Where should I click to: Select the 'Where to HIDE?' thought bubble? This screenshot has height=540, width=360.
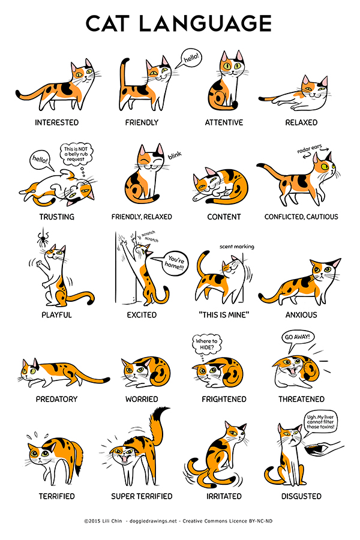(x=206, y=345)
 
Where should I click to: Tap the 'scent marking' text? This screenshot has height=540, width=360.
(x=236, y=246)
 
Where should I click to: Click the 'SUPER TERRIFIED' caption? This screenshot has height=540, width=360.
(x=142, y=496)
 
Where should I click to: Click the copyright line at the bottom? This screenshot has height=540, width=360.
(x=180, y=521)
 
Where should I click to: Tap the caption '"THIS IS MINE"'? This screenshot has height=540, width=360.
(x=224, y=314)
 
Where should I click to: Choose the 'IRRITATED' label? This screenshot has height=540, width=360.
(x=224, y=496)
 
